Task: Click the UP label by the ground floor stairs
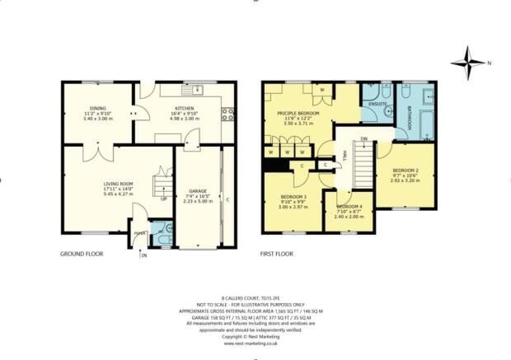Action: (163, 199)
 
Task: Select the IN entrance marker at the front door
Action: (143, 255)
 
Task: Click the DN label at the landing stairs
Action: (363, 139)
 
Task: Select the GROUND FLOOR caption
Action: (82, 255)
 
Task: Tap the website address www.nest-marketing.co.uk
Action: (255, 343)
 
